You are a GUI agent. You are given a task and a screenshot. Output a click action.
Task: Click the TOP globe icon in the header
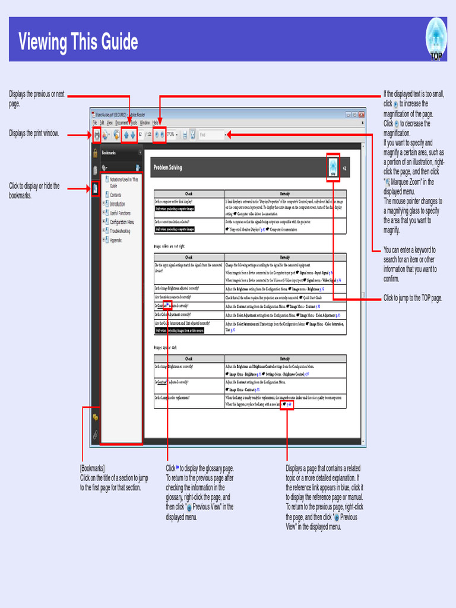pos(436,37)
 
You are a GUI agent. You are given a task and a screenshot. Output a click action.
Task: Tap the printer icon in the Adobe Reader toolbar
pos(97,135)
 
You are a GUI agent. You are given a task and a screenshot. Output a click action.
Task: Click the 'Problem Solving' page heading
pos(168,168)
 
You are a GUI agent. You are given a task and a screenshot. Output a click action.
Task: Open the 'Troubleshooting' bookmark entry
pos(123,231)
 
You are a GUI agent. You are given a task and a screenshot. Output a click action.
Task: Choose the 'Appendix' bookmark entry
pos(116,240)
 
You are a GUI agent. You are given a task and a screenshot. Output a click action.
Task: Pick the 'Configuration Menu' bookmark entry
pos(122,222)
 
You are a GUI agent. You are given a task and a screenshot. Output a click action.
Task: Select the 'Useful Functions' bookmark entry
pos(120,213)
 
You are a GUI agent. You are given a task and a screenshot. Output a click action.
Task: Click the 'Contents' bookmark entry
pos(115,195)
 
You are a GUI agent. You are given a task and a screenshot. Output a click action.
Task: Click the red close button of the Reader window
pos(361,114)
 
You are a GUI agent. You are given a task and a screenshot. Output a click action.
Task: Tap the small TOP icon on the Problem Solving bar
pos(332,167)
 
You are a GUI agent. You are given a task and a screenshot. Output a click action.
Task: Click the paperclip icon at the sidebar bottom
pos(95,435)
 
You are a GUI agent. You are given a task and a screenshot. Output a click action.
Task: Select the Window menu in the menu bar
pos(145,122)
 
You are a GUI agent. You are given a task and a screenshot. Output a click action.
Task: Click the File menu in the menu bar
pos(94,122)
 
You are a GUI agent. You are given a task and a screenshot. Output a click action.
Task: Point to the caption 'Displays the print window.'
pos(34,134)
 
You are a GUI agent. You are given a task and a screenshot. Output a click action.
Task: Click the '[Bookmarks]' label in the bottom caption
pos(93,468)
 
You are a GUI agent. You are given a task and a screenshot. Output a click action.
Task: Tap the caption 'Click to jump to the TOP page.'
pos(413,298)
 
